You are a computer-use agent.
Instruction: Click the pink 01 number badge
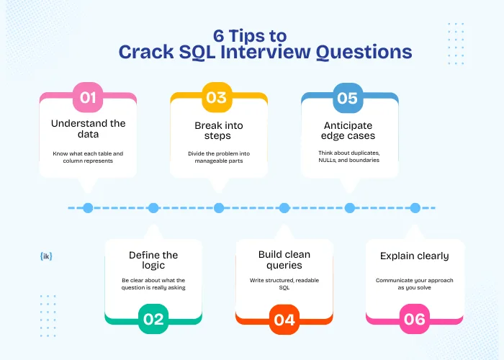[88, 98]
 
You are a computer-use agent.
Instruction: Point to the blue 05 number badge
[348, 98]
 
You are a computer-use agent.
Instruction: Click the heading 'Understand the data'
[88, 129]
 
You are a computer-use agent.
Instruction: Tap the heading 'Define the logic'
[153, 260]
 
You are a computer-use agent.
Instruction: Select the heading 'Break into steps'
[219, 130]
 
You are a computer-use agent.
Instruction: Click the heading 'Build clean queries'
[284, 260]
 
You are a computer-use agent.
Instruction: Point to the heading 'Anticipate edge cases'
[349, 130]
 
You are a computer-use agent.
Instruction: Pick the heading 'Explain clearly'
[415, 256]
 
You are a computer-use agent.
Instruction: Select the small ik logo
[48, 256]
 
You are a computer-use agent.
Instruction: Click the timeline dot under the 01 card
[88, 208]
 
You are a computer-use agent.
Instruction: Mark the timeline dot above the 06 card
[415, 208]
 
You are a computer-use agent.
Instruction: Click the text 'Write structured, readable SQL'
[284, 284]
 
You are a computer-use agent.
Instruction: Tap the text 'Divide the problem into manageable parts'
[219, 156]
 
